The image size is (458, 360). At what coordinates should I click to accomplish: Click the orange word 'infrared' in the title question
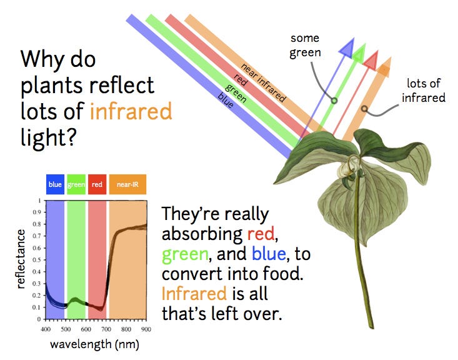pyautogui.click(x=131, y=111)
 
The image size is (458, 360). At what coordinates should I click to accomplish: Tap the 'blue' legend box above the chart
pyautogui.click(x=55, y=184)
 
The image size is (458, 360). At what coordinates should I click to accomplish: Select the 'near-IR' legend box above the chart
pyautogui.click(x=127, y=184)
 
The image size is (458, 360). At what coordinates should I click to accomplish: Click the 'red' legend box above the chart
pyautogui.click(x=97, y=184)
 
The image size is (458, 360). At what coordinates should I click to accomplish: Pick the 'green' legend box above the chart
pyautogui.click(x=76, y=184)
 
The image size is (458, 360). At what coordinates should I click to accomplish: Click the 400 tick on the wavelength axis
pyautogui.click(x=46, y=329)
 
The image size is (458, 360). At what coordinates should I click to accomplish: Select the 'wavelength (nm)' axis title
pyautogui.click(x=94, y=344)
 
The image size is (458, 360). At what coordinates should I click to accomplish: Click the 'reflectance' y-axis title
pyautogui.click(x=21, y=259)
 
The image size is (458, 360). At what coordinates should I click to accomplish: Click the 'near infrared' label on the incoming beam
pyautogui.click(x=263, y=82)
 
